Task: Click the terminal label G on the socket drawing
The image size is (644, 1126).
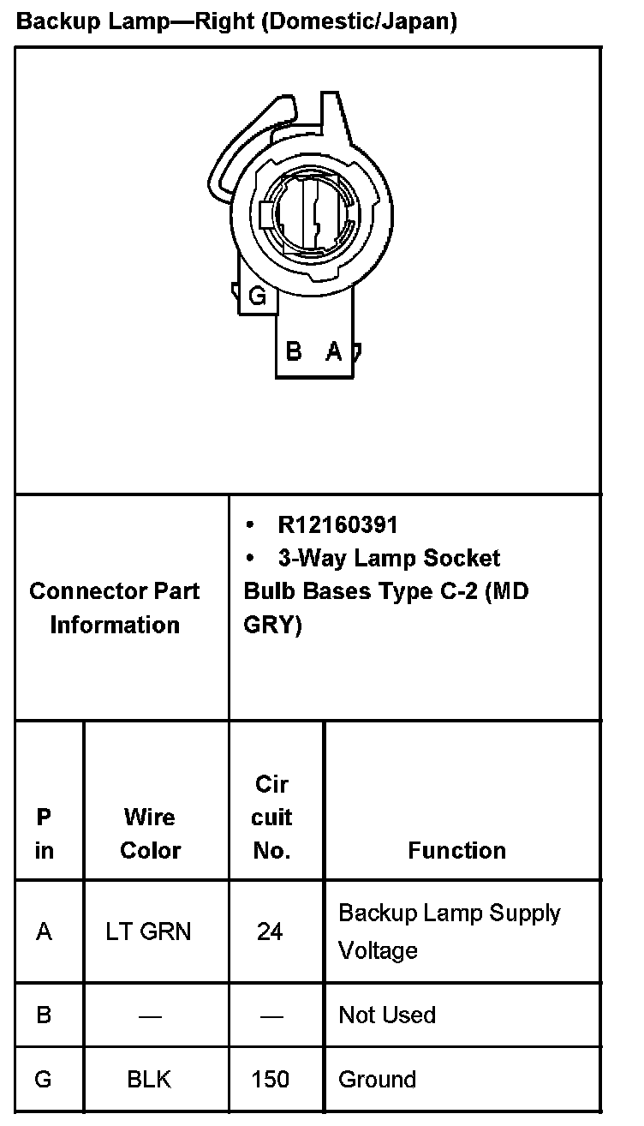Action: coord(257,297)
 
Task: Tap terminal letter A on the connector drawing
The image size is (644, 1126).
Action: coord(334,350)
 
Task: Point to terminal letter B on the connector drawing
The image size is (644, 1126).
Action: coord(294,350)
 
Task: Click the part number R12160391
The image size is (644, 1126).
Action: coord(337,524)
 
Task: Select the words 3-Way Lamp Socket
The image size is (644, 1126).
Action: coord(389,559)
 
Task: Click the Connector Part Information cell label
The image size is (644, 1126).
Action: coord(115,608)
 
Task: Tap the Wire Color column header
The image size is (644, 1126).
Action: coord(151,834)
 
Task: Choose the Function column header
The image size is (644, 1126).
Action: coord(456,850)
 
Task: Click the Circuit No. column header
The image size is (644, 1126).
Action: coord(271,818)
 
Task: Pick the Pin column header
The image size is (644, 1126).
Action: coord(44,834)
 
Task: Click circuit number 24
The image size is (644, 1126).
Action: coord(270,931)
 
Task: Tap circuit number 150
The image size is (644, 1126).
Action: coord(271,1079)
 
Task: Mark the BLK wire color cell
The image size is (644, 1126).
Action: coord(149,1079)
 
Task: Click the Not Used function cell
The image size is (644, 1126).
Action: coord(387,1015)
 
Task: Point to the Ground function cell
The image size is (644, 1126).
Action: coord(377,1079)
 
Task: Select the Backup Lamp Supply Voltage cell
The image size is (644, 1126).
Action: coord(449,931)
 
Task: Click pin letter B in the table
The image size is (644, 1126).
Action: coord(44,1015)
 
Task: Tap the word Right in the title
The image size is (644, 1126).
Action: coord(225,21)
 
